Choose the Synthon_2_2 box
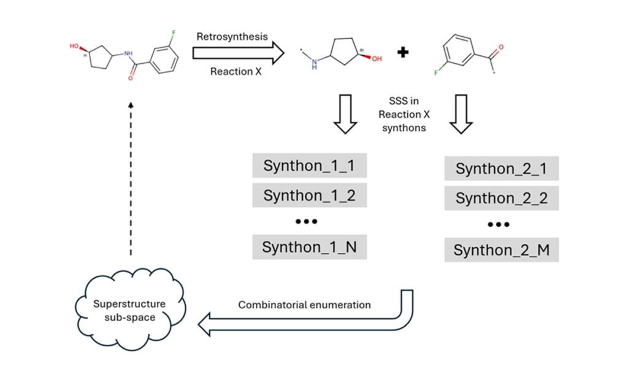pos(501,198)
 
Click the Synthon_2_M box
pos(501,250)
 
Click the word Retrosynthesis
pos(232,37)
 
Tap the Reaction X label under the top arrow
pos(231,71)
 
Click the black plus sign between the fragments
pos(403,53)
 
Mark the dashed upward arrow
pos(131,178)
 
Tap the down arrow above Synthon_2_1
pos(462,114)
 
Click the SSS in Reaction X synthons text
pos(403,114)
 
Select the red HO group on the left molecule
pos(75,45)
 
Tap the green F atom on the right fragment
pos(437,72)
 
